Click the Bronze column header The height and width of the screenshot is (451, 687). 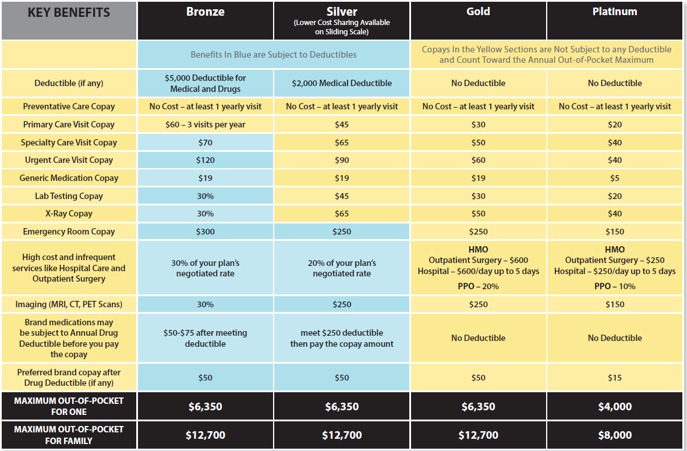[205, 12]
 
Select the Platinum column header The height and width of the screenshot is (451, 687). [615, 12]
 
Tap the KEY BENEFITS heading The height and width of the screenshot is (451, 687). [69, 13]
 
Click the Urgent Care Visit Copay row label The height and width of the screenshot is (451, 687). [69, 160]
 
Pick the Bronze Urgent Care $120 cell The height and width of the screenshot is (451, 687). [205, 160]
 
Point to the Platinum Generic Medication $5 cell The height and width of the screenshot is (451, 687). [615, 178]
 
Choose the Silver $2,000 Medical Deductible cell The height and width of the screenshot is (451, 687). [342, 83]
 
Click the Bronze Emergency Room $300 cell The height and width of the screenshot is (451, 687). [205, 232]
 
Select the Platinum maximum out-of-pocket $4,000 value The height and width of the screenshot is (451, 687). [615, 406]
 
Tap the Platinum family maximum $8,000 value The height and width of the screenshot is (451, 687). [615, 435]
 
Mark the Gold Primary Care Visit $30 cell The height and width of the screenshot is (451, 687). [478, 125]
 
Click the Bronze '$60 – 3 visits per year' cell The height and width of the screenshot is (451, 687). [205, 125]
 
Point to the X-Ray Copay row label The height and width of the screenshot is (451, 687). [69, 214]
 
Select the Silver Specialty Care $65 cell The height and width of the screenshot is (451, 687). [342, 143]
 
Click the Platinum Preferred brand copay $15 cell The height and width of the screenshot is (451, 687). [615, 378]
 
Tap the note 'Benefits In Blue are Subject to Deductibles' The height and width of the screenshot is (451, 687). [274, 55]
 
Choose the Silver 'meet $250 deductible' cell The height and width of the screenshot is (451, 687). [342, 338]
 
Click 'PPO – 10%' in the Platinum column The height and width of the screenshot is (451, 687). [615, 286]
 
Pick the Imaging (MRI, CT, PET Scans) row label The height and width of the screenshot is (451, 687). [69, 304]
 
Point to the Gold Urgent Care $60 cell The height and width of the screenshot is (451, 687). [478, 160]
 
